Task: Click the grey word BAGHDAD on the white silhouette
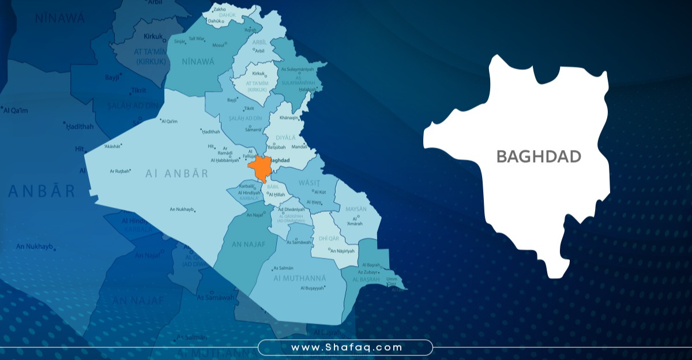(x=539, y=156)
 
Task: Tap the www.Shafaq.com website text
(x=346, y=347)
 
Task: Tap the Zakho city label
(x=220, y=10)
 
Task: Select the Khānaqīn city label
(x=289, y=118)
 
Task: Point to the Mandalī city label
(x=300, y=147)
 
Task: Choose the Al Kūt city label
(x=320, y=192)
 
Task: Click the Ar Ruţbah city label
(x=121, y=171)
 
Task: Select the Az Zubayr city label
(x=367, y=272)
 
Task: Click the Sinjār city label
(x=180, y=42)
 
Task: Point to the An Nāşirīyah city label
(x=342, y=251)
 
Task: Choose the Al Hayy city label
(x=313, y=202)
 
